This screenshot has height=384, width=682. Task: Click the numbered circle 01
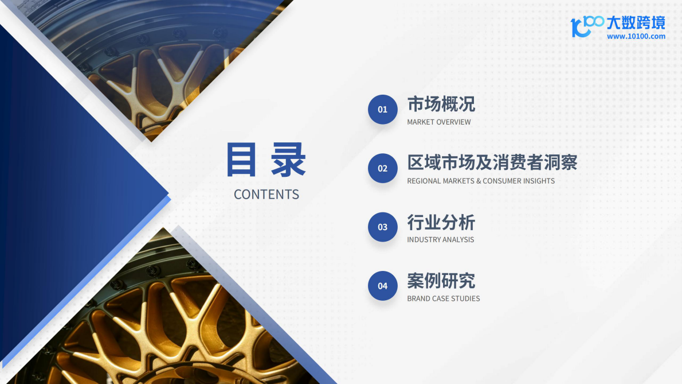(382, 110)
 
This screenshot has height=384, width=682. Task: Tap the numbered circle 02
(382, 168)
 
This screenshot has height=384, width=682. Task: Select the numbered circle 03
(382, 227)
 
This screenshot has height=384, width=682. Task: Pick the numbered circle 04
(382, 286)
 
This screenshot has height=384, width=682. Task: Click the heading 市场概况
(441, 104)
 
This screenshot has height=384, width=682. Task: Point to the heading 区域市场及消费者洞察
(492, 162)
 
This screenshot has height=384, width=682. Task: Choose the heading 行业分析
(441, 222)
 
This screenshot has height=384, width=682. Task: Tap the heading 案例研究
(441, 281)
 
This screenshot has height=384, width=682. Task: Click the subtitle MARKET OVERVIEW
(439, 122)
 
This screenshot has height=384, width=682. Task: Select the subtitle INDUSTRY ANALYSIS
(440, 239)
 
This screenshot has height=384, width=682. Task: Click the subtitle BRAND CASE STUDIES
(443, 298)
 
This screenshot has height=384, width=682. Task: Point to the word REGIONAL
(424, 181)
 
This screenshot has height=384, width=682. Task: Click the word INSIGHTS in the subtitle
(539, 181)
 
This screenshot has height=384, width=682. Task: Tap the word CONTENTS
(266, 195)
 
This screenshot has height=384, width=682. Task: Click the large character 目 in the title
(241, 160)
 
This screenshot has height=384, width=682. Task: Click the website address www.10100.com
(636, 36)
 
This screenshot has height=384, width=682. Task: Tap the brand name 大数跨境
(636, 23)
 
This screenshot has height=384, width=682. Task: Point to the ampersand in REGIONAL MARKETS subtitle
(479, 181)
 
